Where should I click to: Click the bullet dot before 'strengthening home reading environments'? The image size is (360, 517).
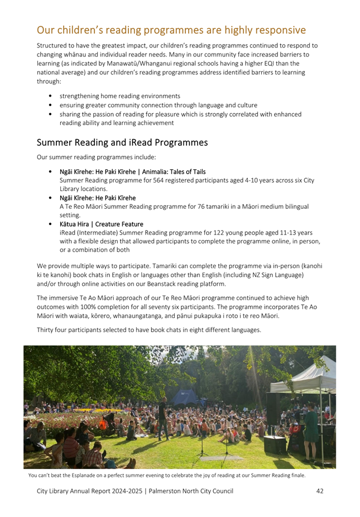pyautogui.click(x=51, y=96)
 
